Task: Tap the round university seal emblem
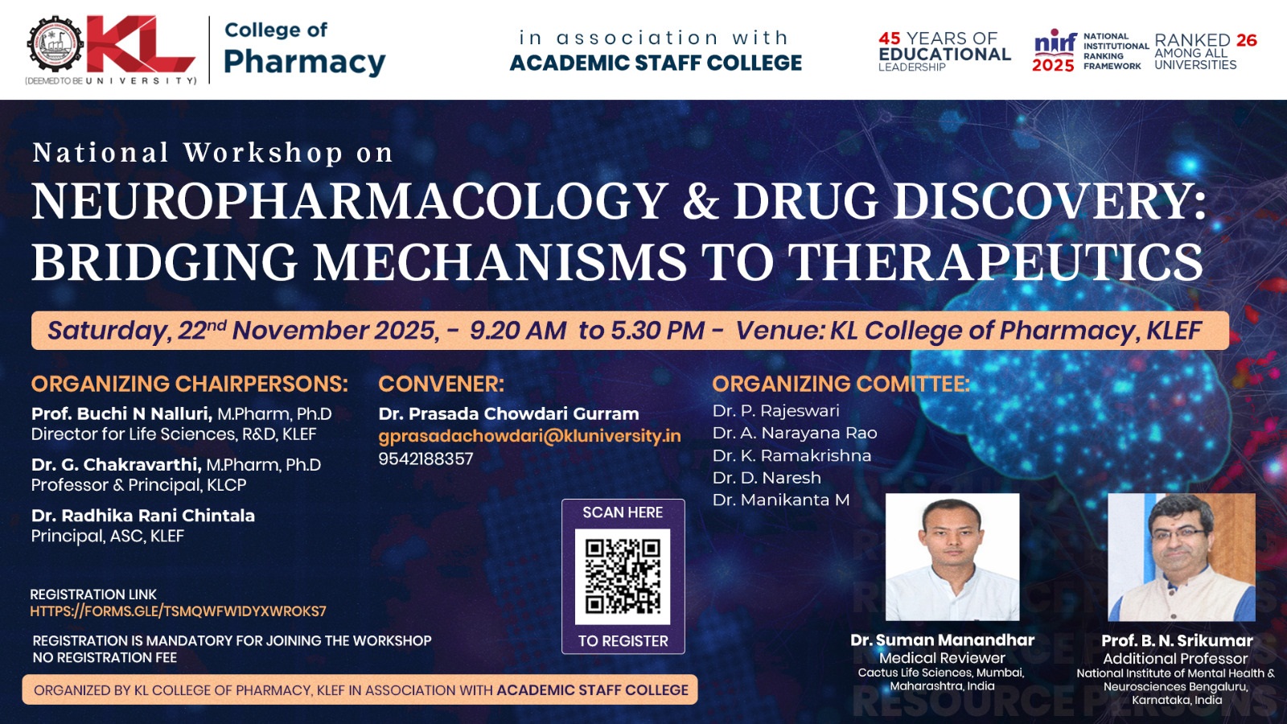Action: click(x=56, y=44)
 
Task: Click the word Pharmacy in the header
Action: click(x=305, y=62)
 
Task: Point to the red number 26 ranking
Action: click(x=1247, y=40)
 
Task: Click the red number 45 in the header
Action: click(x=890, y=39)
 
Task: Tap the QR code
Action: click(x=623, y=576)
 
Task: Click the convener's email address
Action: click(x=530, y=436)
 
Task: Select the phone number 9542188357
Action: click(x=426, y=459)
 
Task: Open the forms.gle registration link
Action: click(x=178, y=611)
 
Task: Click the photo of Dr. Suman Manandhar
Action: click(x=952, y=557)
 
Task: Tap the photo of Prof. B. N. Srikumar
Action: click(x=1182, y=557)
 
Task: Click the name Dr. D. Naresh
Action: click(x=767, y=478)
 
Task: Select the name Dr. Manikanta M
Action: click(x=781, y=500)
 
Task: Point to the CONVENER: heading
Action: click(x=442, y=384)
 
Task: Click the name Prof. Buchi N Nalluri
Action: click(x=121, y=413)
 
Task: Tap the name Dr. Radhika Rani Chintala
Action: click(x=143, y=516)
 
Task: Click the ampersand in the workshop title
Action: click(x=701, y=201)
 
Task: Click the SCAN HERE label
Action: click(x=623, y=512)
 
